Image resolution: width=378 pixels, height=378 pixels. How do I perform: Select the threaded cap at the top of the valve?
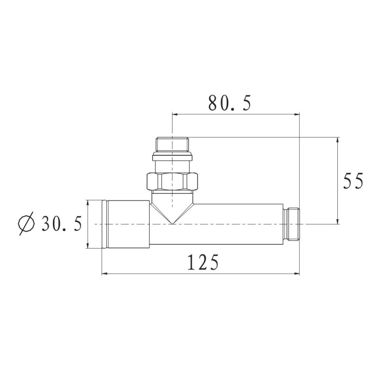pos(172,144)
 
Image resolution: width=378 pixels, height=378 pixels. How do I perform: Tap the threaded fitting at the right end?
pos(293,223)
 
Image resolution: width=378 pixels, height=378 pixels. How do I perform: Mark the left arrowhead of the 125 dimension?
pos(104,273)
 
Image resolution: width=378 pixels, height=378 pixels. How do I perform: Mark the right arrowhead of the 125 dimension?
pos(298,273)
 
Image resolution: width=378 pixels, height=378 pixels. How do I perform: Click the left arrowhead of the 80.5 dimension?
pos(174,114)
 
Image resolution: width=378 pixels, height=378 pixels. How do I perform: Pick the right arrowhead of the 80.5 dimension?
pos(298,114)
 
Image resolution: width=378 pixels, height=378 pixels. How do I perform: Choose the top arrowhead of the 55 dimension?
pos(338,140)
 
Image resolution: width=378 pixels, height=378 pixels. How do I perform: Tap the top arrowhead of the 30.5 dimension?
pos(87,202)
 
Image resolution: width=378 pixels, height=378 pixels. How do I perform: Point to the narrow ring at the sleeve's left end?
pos(104,223)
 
